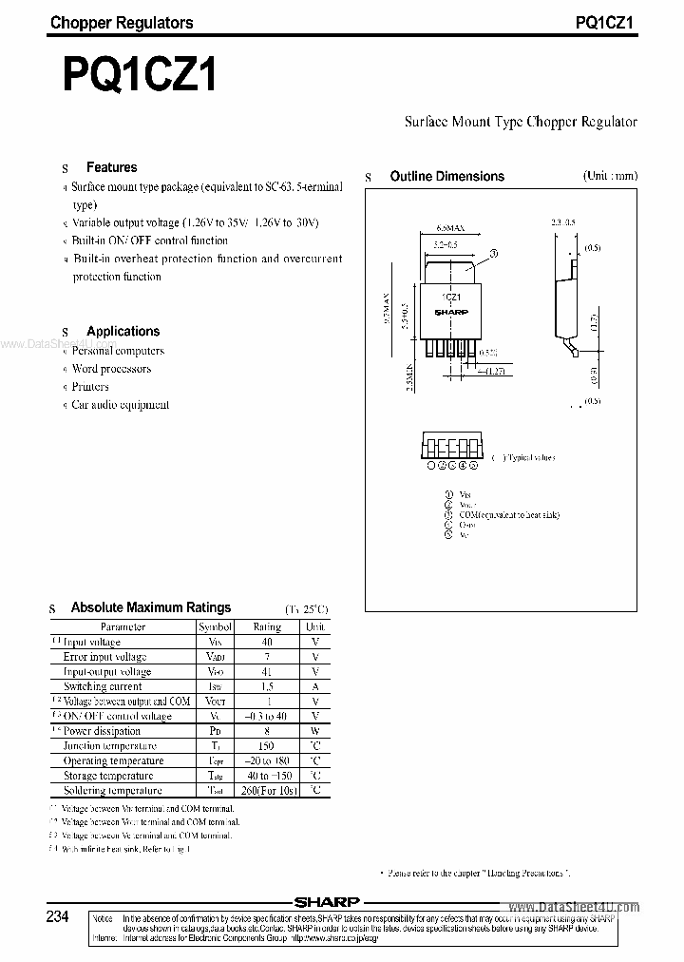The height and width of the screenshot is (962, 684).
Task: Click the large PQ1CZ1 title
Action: click(x=140, y=75)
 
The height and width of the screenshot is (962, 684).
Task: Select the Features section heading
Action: click(x=111, y=167)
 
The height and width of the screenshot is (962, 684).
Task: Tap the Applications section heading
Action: click(x=123, y=331)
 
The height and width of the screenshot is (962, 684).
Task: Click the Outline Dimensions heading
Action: click(x=446, y=176)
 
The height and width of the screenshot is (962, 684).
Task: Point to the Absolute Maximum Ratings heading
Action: click(x=151, y=607)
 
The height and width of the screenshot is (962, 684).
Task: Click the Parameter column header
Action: click(x=123, y=627)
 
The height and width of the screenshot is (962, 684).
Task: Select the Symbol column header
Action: click(x=215, y=627)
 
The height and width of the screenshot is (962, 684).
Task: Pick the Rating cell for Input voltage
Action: click(x=267, y=642)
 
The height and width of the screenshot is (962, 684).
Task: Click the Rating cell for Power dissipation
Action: click(x=267, y=731)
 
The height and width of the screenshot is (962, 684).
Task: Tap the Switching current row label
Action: click(x=103, y=686)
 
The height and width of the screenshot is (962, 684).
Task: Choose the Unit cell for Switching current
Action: click(x=314, y=686)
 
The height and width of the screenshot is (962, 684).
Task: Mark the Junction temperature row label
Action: click(x=103, y=746)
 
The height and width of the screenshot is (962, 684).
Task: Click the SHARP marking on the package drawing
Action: click(x=452, y=311)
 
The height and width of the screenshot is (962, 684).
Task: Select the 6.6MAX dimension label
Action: click(x=451, y=229)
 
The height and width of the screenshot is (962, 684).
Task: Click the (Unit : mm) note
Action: click(x=610, y=176)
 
